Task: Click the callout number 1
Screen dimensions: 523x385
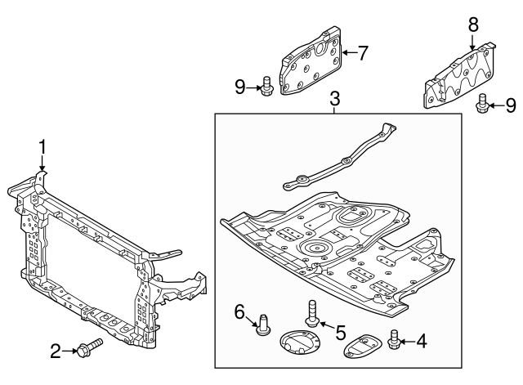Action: [x=42, y=147]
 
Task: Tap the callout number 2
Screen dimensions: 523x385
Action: [x=56, y=351]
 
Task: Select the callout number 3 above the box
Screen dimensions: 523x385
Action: [x=334, y=99]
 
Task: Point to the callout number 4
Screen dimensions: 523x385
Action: [x=422, y=342]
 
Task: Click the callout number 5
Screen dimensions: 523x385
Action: [x=341, y=333]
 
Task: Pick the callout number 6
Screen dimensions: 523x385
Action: [x=239, y=312]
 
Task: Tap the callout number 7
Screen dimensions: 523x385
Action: [x=363, y=52]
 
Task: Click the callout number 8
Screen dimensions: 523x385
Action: [x=473, y=25]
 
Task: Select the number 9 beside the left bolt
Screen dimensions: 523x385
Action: [x=240, y=87]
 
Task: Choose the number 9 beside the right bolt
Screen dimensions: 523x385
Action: [x=511, y=105]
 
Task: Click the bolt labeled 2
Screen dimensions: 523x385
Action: [x=90, y=347]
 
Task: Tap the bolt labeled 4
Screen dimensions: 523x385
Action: [x=394, y=339]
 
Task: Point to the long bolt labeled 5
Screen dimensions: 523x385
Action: [x=312, y=313]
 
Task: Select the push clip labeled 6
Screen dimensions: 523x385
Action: [x=263, y=324]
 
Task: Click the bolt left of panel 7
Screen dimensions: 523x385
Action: [x=266, y=87]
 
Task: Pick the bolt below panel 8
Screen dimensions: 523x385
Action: [x=482, y=104]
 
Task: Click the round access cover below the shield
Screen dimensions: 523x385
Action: [x=300, y=342]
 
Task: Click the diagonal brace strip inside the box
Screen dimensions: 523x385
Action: [x=340, y=157]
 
